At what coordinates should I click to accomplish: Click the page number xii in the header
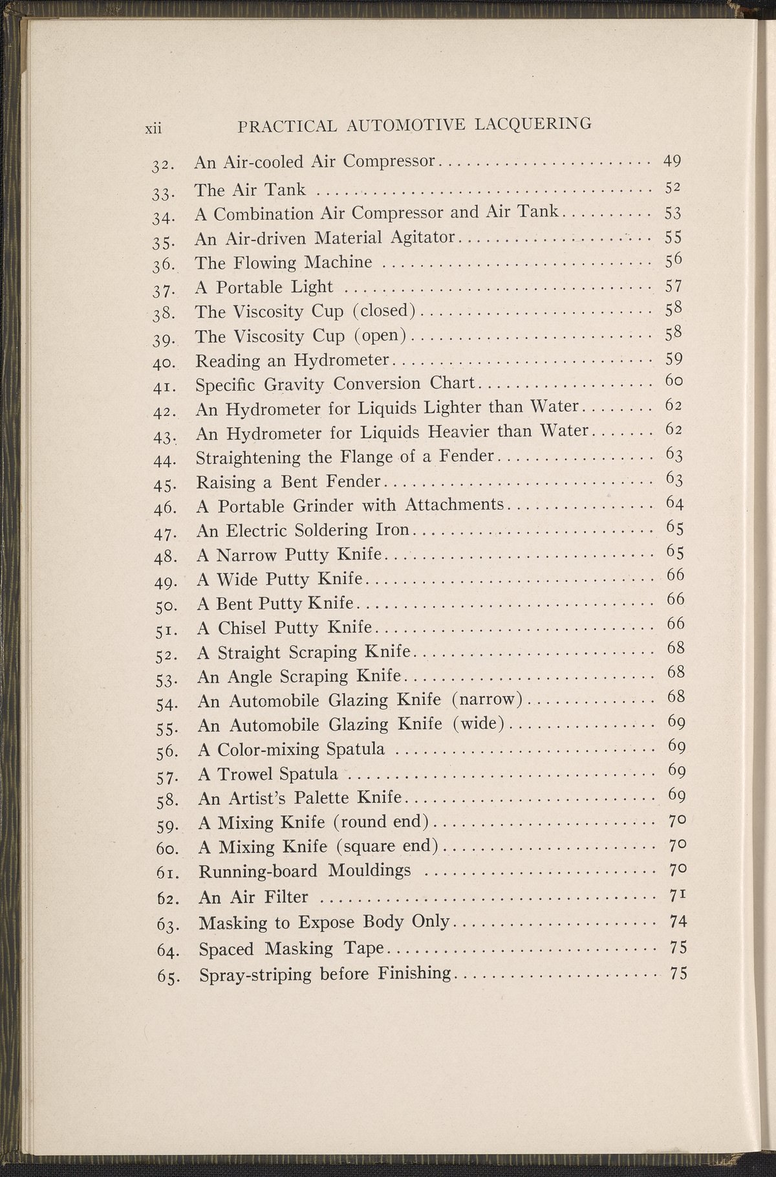(153, 128)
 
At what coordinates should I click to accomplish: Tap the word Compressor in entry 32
(389, 161)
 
